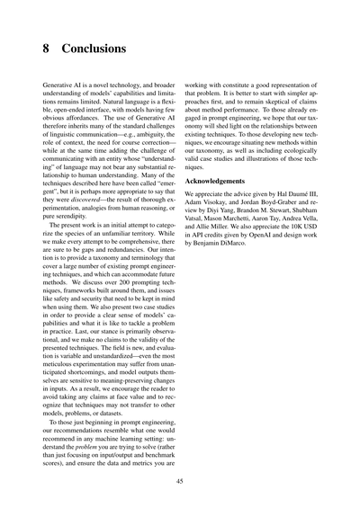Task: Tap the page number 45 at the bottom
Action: coord(180,482)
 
